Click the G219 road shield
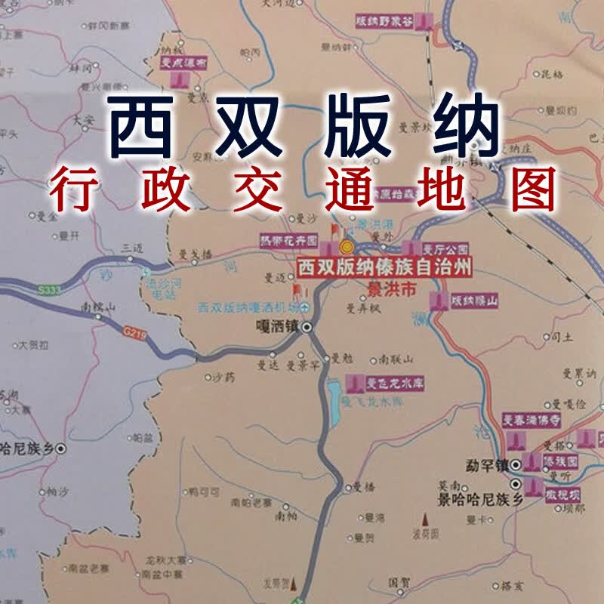tap(134, 329)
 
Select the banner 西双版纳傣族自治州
tap(384, 268)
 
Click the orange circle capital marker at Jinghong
tap(347, 248)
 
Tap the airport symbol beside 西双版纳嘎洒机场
tap(305, 307)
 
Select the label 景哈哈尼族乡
tap(471, 500)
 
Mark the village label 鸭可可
tap(204, 492)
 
